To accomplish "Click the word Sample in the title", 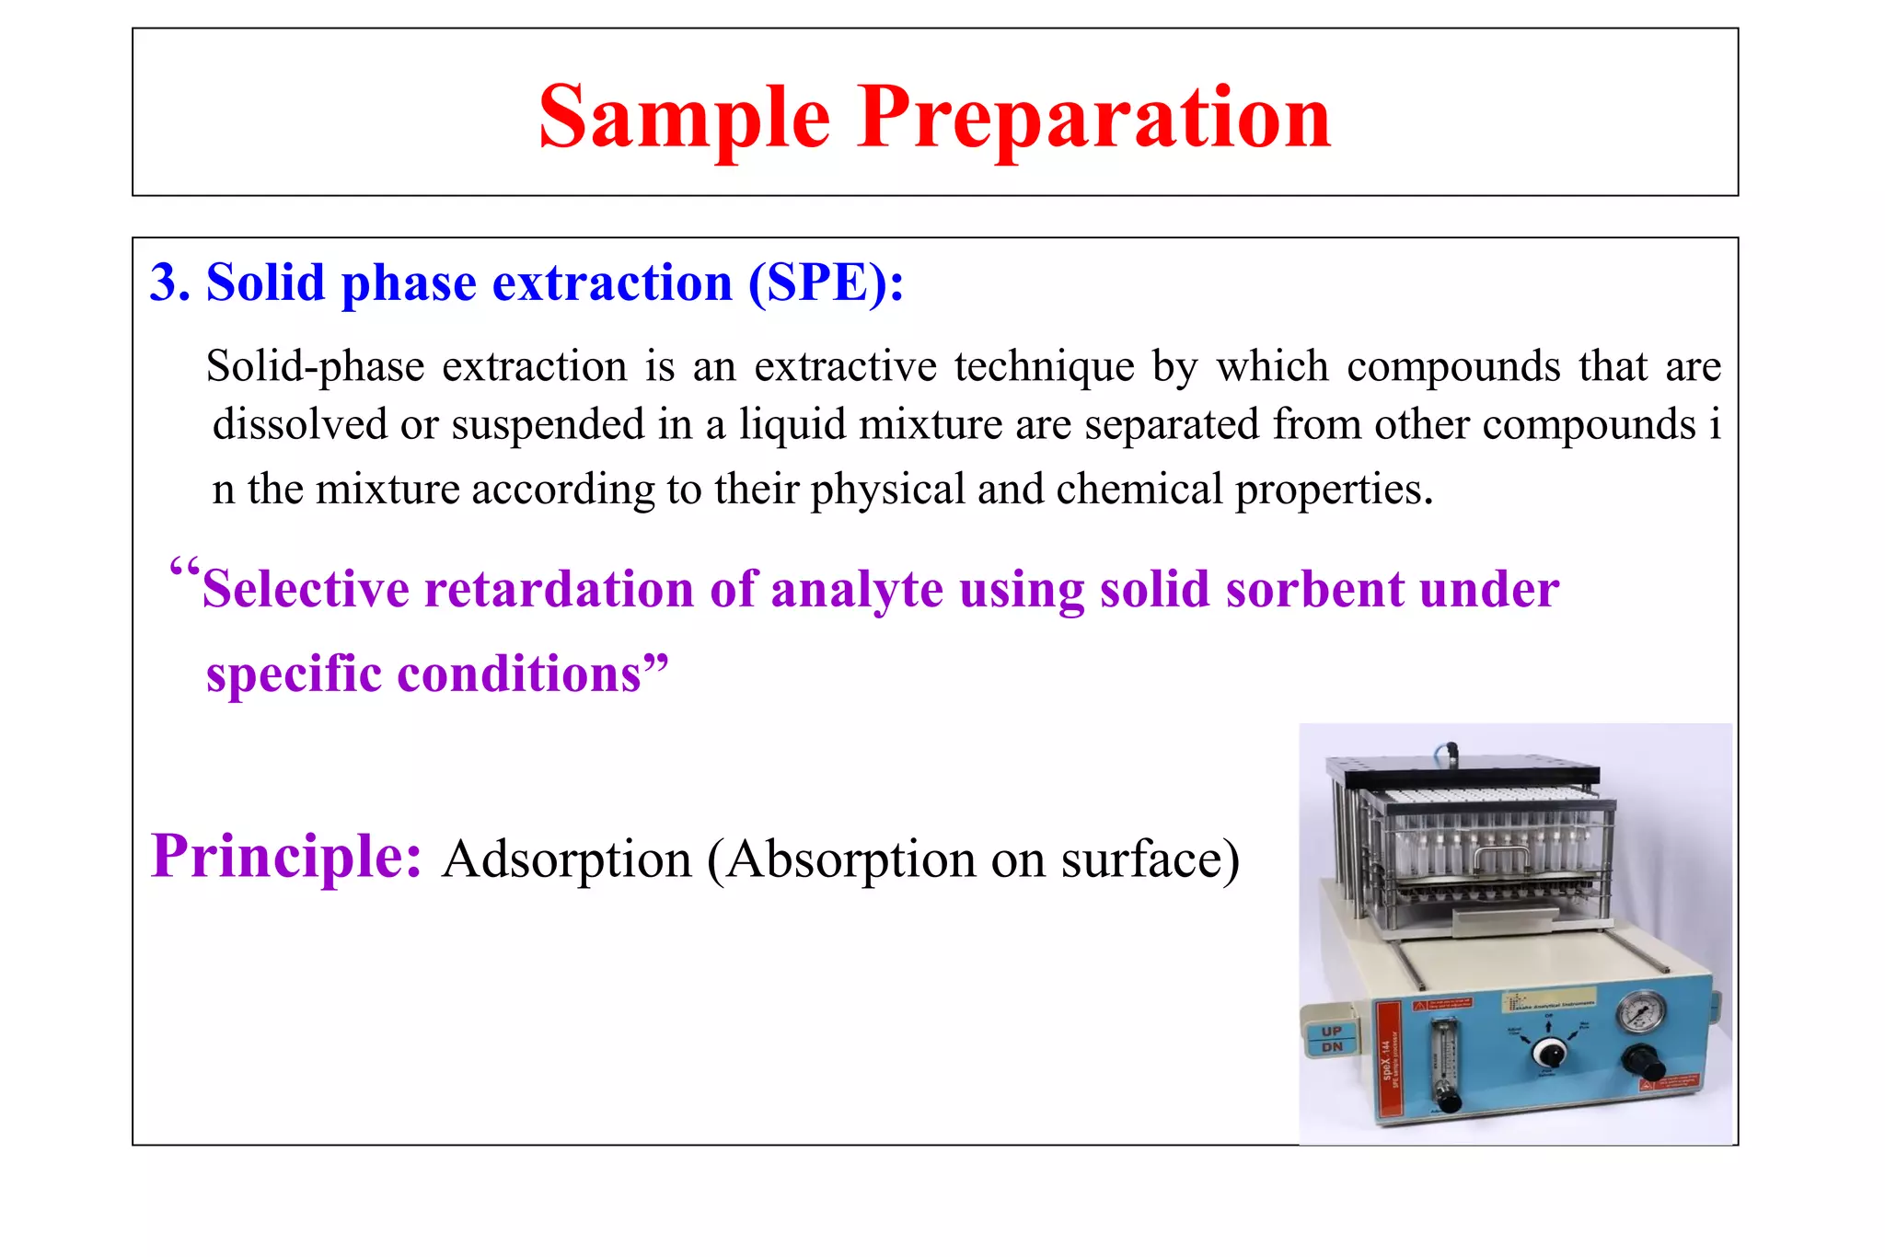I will pyautogui.click(x=684, y=117).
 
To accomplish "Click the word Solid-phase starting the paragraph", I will pyautogui.click(x=314, y=367).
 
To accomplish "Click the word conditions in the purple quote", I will pyautogui.click(x=519, y=674).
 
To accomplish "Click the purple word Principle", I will pyautogui.click(x=286, y=856).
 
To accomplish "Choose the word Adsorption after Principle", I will pyautogui.click(x=566, y=859).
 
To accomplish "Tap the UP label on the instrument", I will pyautogui.click(x=1331, y=1031).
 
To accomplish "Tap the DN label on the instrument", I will pyautogui.click(x=1331, y=1047).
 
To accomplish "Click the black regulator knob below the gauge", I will pyautogui.click(x=1643, y=1063).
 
